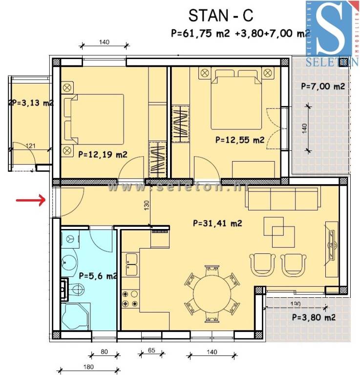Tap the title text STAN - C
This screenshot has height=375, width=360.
click(220, 16)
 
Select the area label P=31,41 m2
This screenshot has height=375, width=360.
click(218, 224)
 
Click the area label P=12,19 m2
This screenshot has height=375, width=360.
click(103, 155)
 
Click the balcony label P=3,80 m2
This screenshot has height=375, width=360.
click(313, 317)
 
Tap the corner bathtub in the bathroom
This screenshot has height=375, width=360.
click(76, 315)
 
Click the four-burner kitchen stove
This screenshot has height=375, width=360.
click(131, 298)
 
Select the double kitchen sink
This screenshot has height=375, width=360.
click(131, 264)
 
